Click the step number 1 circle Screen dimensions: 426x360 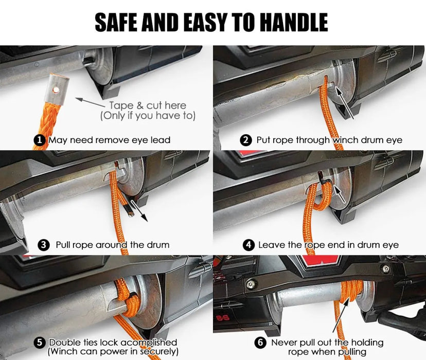pyautogui.click(x=40, y=140)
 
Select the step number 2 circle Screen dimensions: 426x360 pyautogui.click(x=246, y=140)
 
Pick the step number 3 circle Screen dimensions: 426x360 pyautogui.click(x=43, y=245)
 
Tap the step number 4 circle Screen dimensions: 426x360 pyautogui.click(x=249, y=245)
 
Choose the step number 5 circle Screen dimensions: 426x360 pyautogui.click(x=40, y=343)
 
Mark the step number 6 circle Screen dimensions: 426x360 pyautogui.click(x=260, y=343)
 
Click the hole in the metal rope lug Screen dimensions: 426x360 pyautogui.click(x=56, y=89)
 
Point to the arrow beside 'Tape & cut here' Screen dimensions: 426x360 pyautogui.click(x=90, y=102)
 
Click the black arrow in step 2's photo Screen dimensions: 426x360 pyautogui.click(x=345, y=103)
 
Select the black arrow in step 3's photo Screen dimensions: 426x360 pyautogui.click(x=139, y=211)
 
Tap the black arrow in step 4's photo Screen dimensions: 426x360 pyautogui.click(x=339, y=193)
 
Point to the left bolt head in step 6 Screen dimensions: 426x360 pyautogui.click(x=251, y=284)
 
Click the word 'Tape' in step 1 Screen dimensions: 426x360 pyautogui.click(x=121, y=105)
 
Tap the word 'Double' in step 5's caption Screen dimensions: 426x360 pyautogui.click(x=64, y=343)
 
